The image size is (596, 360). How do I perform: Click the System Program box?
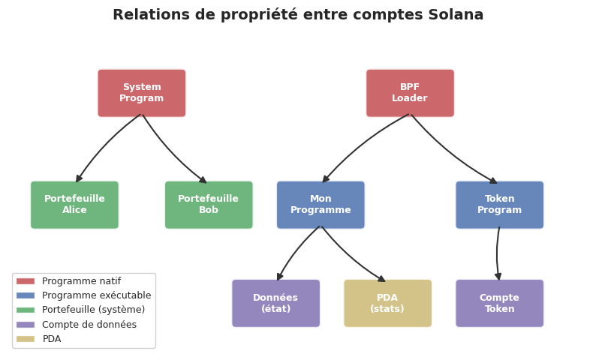(x=142, y=93)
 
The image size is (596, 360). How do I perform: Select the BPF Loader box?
(x=410, y=93)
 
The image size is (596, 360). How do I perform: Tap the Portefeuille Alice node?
(x=74, y=205)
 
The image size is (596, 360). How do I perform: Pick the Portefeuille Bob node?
(x=209, y=205)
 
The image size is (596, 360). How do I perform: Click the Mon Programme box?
(x=321, y=205)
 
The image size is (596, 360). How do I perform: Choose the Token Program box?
(x=499, y=205)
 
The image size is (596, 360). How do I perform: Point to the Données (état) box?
(x=275, y=303)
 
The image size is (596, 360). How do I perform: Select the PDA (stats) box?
(x=387, y=303)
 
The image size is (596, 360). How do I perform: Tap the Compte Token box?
(x=499, y=303)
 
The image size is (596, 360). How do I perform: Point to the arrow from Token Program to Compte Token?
(x=497, y=253)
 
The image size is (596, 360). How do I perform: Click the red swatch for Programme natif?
(x=26, y=281)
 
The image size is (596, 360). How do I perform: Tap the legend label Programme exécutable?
(x=96, y=295)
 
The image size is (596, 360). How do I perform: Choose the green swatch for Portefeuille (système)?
(x=26, y=310)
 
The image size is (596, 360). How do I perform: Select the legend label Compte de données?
(x=89, y=325)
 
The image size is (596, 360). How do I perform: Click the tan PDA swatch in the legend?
(x=26, y=339)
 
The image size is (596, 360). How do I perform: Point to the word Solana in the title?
(x=457, y=15)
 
